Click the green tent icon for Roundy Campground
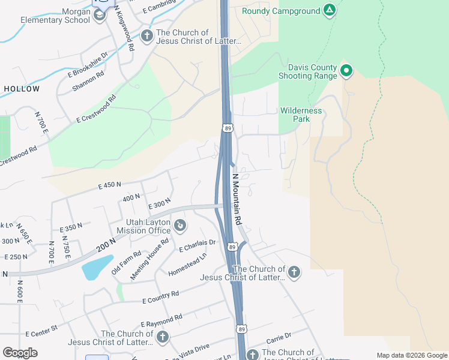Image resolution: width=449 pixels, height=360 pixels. coord(328,10)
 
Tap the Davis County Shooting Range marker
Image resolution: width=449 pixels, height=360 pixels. coord(346,71)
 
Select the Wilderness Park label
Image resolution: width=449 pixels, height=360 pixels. coord(301,115)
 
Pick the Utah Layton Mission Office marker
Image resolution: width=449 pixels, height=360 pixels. coord(180,226)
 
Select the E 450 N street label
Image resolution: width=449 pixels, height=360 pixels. coord(110,185)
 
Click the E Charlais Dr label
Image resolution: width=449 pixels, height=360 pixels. coord(197,246)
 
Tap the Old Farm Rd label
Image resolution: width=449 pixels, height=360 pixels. coord(126,263)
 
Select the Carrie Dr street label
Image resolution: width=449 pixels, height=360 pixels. coord(279,335)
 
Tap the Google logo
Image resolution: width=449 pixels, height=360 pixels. coord(20,353)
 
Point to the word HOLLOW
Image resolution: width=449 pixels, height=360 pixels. coord(22,89)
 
